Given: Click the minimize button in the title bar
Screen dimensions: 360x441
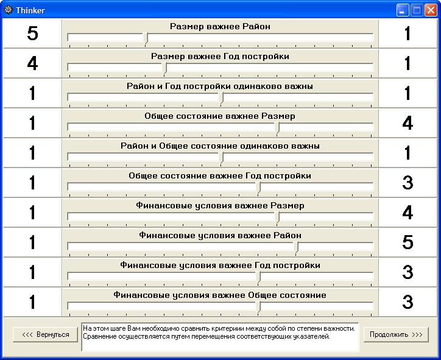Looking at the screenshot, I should point(403,10).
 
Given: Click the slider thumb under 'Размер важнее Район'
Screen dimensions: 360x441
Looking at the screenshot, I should point(146,38).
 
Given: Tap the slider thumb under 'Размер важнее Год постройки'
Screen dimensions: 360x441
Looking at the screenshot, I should point(164,68).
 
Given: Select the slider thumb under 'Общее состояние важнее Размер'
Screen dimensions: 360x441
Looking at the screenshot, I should point(278,127).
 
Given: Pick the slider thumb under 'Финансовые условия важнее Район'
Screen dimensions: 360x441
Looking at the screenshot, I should point(297,247).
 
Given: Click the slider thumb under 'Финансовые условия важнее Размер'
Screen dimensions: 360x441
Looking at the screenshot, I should point(278,217).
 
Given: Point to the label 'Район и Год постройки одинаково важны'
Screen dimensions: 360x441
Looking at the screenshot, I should point(220,86).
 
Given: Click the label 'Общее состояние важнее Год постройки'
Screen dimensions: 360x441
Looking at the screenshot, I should point(220,176).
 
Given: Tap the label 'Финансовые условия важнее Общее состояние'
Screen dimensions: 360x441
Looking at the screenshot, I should point(220,295).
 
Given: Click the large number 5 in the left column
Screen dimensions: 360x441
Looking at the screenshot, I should point(32,34).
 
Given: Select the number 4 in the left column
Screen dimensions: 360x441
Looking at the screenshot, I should point(32,63).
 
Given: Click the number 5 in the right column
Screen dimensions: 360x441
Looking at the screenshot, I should point(408,242).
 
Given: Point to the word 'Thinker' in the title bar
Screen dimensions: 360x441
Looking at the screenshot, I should point(30,10).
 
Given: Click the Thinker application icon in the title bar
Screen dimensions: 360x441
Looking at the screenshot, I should point(9,10).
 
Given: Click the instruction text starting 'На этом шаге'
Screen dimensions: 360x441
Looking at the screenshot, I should point(219,332).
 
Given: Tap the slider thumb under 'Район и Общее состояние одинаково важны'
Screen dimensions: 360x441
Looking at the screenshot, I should point(221,157).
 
